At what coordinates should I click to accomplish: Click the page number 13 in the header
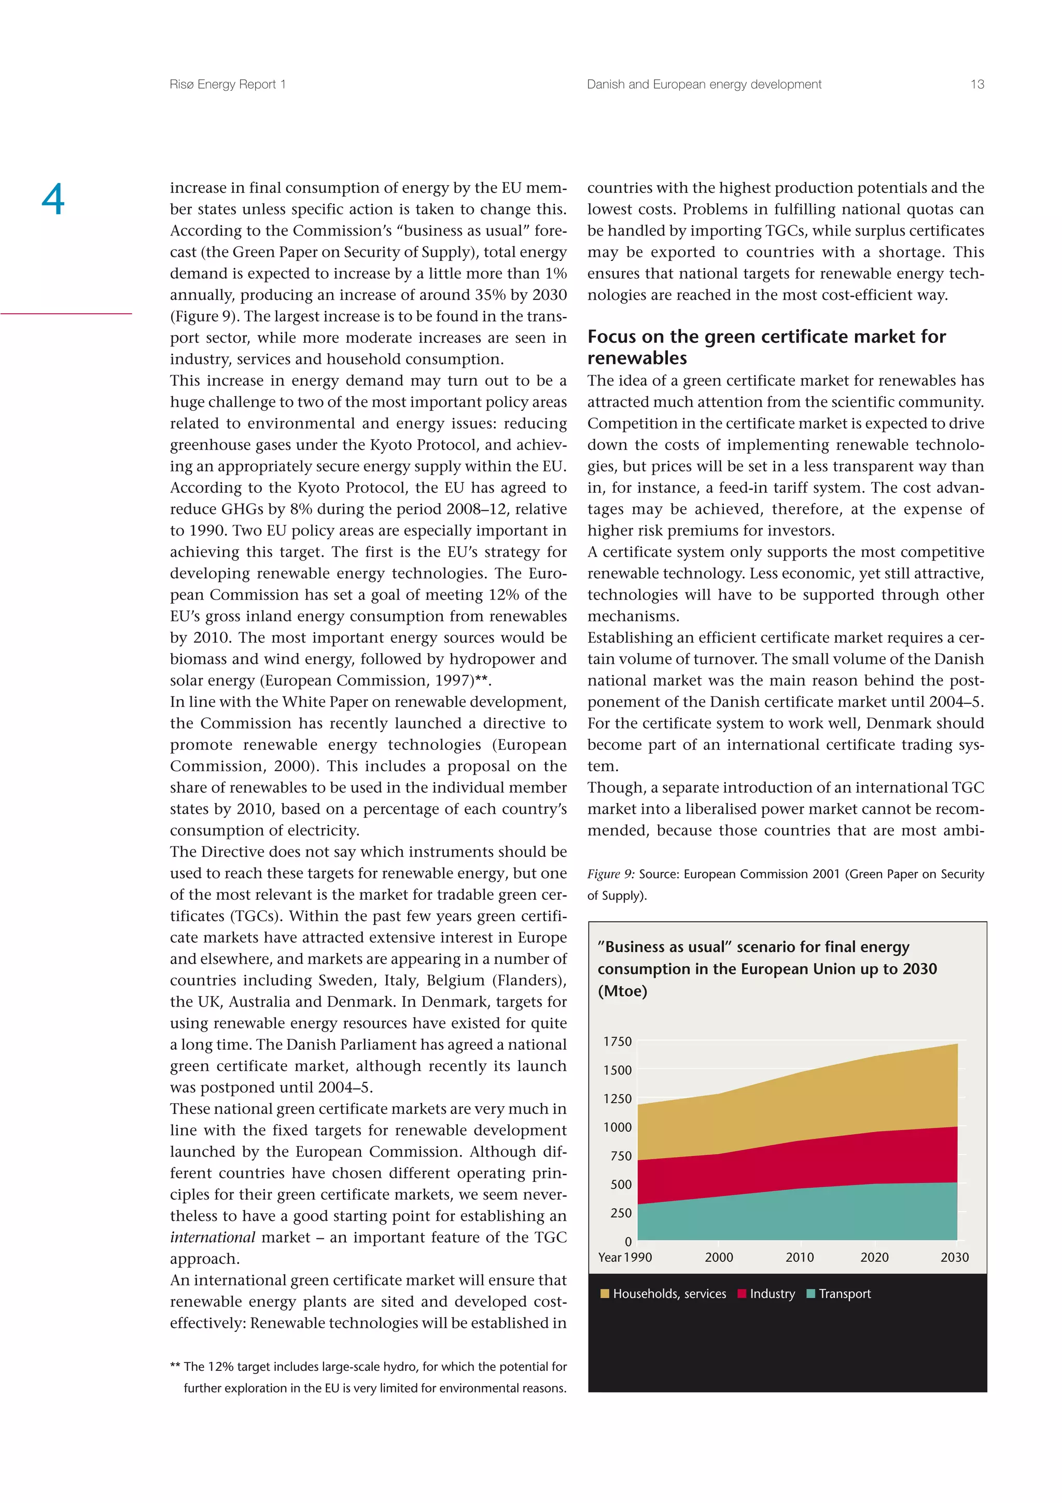click(977, 85)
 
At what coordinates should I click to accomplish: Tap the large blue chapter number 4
click(53, 199)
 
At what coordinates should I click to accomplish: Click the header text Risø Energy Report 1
click(227, 85)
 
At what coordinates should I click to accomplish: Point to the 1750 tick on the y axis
click(617, 1041)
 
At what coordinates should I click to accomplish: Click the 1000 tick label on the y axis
click(617, 1128)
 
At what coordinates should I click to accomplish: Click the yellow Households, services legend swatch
click(605, 1293)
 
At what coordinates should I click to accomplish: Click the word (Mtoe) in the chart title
click(622, 991)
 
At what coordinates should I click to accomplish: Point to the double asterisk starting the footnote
click(175, 1366)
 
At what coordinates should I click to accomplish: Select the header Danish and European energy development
click(704, 85)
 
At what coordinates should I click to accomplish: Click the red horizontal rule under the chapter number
click(66, 314)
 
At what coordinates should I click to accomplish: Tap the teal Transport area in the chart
click(798, 1216)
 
